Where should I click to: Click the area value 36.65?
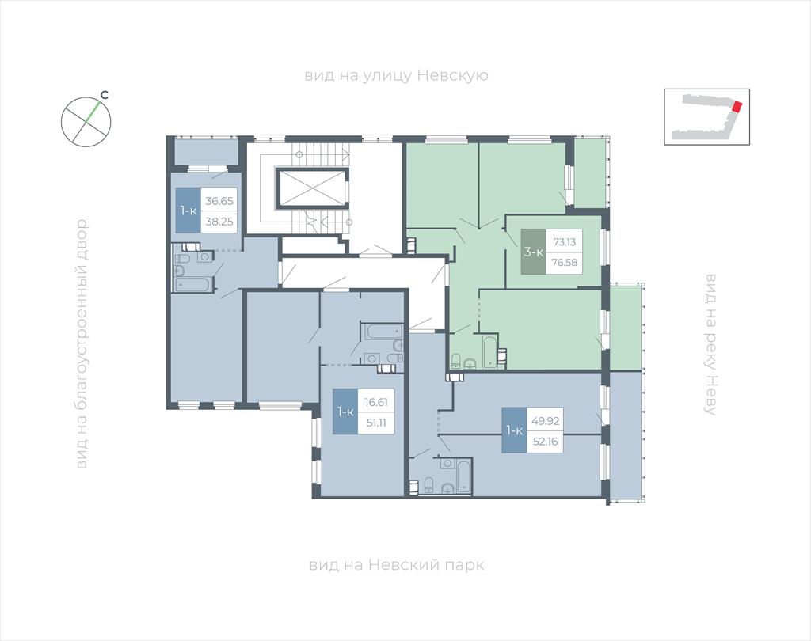219,200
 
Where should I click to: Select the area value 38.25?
219,222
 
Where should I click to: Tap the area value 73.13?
564,241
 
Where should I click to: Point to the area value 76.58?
564,262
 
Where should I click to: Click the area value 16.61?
376,402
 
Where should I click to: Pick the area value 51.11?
376,423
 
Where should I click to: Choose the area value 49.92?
545,421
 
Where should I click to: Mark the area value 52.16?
545,442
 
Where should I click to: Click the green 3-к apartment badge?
533,252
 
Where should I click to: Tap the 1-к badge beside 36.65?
188,211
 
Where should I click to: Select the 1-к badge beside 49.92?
514,430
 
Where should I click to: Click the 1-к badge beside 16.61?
345,412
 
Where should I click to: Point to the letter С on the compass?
104,95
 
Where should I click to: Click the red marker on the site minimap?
737,107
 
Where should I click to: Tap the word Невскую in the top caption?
452,75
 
